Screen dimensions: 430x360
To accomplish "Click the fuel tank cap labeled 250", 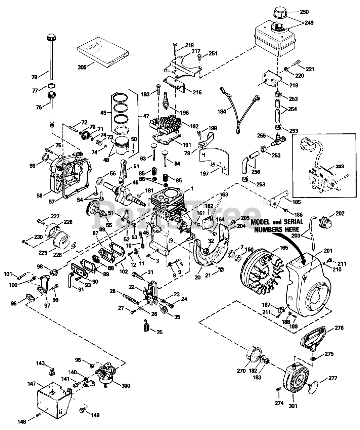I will pos(278,13).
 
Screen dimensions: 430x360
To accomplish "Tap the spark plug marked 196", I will pos(165,100).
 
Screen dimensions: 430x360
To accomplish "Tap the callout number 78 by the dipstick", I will pos(35,77).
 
